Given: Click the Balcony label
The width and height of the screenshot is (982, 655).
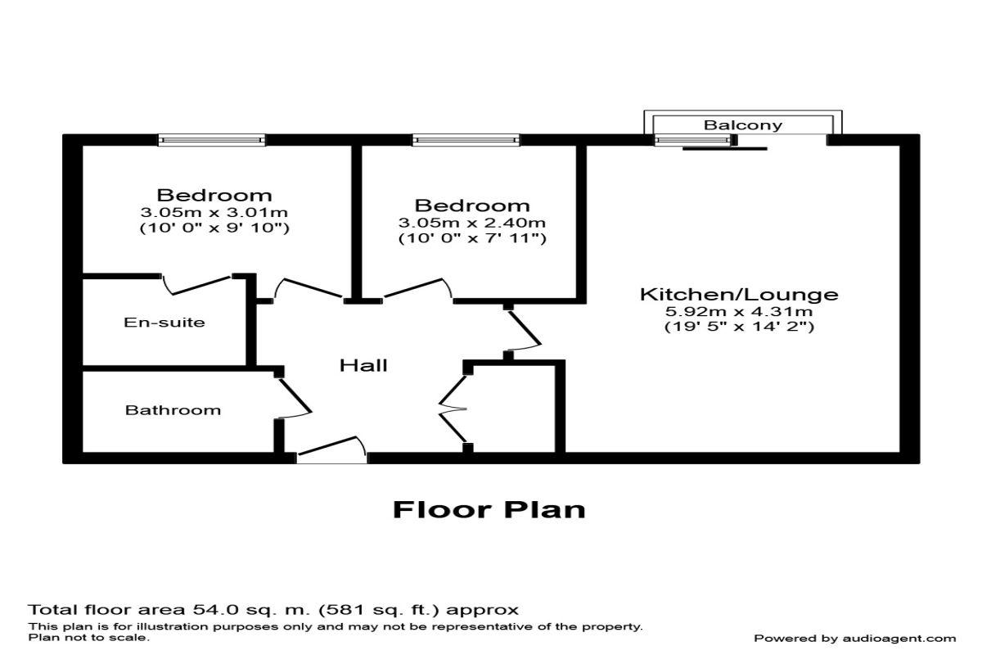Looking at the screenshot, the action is pyautogui.click(x=743, y=125).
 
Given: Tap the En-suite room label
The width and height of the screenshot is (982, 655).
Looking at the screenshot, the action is pyautogui.click(x=164, y=323).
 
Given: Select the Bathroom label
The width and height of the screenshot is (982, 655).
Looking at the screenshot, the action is pyautogui.click(x=173, y=410).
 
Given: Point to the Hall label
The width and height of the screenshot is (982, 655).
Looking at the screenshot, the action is pyautogui.click(x=363, y=366).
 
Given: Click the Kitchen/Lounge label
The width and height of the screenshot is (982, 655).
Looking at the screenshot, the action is pyautogui.click(x=739, y=294).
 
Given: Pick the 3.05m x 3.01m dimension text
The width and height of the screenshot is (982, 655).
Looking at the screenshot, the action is pyautogui.click(x=214, y=212).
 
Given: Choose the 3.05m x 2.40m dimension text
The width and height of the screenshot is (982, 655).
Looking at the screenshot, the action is pyautogui.click(x=472, y=223).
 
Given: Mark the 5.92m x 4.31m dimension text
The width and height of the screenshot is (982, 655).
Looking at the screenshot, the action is pyautogui.click(x=739, y=311).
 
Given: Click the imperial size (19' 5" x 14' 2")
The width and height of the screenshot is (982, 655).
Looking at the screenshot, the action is pyautogui.click(x=739, y=327).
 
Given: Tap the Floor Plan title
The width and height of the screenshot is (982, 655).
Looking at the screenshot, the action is pyautogui.click(x=489, y=509).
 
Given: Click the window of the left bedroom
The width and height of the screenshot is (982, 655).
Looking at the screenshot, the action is pyautogui.click(x=212, y=141).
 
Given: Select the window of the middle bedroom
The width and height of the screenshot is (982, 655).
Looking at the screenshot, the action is pyautogui.click(x=466, y=141).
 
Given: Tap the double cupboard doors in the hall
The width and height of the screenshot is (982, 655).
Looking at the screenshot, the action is pyautogui.click(x=454, y=408).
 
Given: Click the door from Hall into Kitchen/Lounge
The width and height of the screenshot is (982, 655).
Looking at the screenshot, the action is pyautogui.click(x=524, y=332).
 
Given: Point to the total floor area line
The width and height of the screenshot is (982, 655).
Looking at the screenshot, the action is pyautogui.click(x=273, y=610).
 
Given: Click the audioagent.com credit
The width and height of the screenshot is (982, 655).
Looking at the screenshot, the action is pyautogui.click(x=854, y=639).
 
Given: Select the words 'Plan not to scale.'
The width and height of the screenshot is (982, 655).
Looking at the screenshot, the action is pyautogui.click(x=89, y=637).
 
